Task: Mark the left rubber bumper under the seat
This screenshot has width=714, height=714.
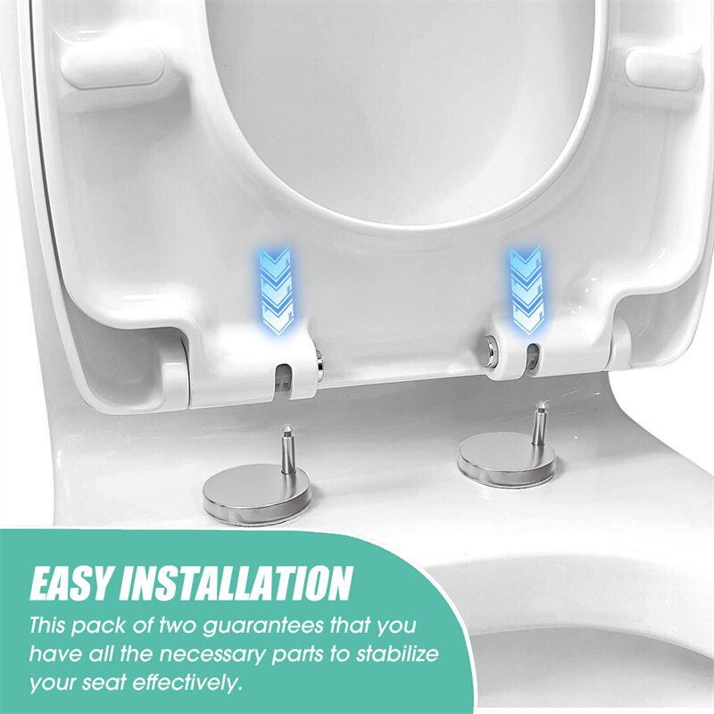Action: tap(112, 66)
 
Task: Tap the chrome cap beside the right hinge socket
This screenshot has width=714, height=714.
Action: tap(491, 347)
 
